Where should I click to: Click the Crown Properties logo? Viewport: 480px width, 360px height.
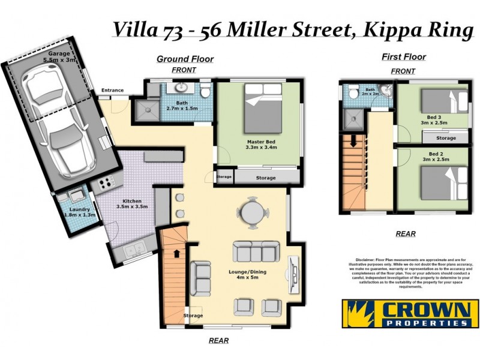tap(410, 313)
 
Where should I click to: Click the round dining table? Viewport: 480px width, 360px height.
tap(250, 212)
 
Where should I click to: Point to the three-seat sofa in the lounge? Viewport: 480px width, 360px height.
tap(253, 252)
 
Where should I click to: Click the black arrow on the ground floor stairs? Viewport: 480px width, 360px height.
tap(175, 254)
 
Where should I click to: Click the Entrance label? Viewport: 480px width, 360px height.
tap(112, 91)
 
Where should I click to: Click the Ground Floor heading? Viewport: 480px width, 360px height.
tap(185, 59)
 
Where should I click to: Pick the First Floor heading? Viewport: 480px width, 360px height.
tap(403, 57)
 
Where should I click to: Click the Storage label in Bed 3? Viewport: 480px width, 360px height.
tap(446, 138)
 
